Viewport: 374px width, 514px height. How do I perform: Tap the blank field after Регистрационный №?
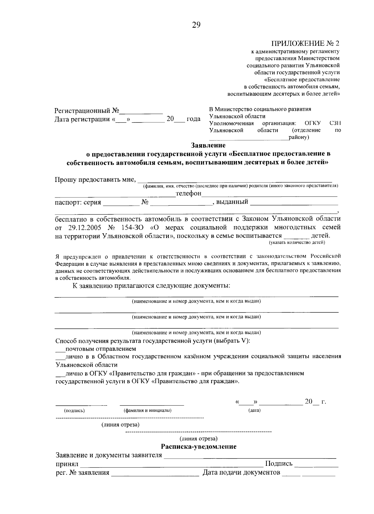pyautogui.click(x=142, y=111)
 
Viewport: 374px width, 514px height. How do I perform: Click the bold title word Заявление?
pyautogui.click(x=208, y=145)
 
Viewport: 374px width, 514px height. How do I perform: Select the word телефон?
pyautogui.click(x=189, y=193)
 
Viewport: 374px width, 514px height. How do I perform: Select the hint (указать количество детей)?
pyautogui.click(x=297, y=242)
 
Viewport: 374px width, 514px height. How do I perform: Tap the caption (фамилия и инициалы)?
pyautogui.click(x=147, y=411)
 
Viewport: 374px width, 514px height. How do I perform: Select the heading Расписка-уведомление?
pyautogui.click(x=199, y=447)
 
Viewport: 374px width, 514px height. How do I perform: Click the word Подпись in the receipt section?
pyautogui.click(x=279, y=464)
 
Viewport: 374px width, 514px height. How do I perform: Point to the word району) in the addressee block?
pyautogui.click(x=299, y=137)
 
